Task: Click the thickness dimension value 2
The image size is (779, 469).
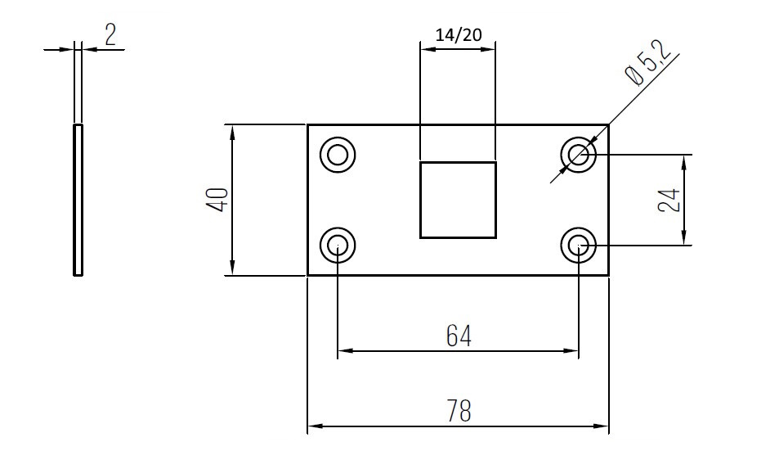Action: click(x=110, y=34)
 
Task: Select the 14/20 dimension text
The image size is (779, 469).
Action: click(x=458, y=34)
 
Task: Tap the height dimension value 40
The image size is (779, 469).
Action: click(x=217, y=200)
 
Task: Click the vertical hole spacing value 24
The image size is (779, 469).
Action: click(x=669, y=200)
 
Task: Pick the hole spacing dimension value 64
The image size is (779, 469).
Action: click(x=459, y=336)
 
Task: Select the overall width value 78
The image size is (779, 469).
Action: click(x=459, y=410)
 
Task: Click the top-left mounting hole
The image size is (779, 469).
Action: click(x=338, y=154)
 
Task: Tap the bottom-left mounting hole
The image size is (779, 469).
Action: click(x=338, y=244)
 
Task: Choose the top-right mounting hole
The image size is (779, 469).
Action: click(x=579, y=154)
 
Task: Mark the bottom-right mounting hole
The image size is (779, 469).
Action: click(x=579, y=244)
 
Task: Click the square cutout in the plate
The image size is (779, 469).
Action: click(x=458, y=200)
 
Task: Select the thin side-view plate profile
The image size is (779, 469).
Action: click(x=78, y=201)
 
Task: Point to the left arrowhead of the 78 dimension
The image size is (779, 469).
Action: click(x=313, y=426)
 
